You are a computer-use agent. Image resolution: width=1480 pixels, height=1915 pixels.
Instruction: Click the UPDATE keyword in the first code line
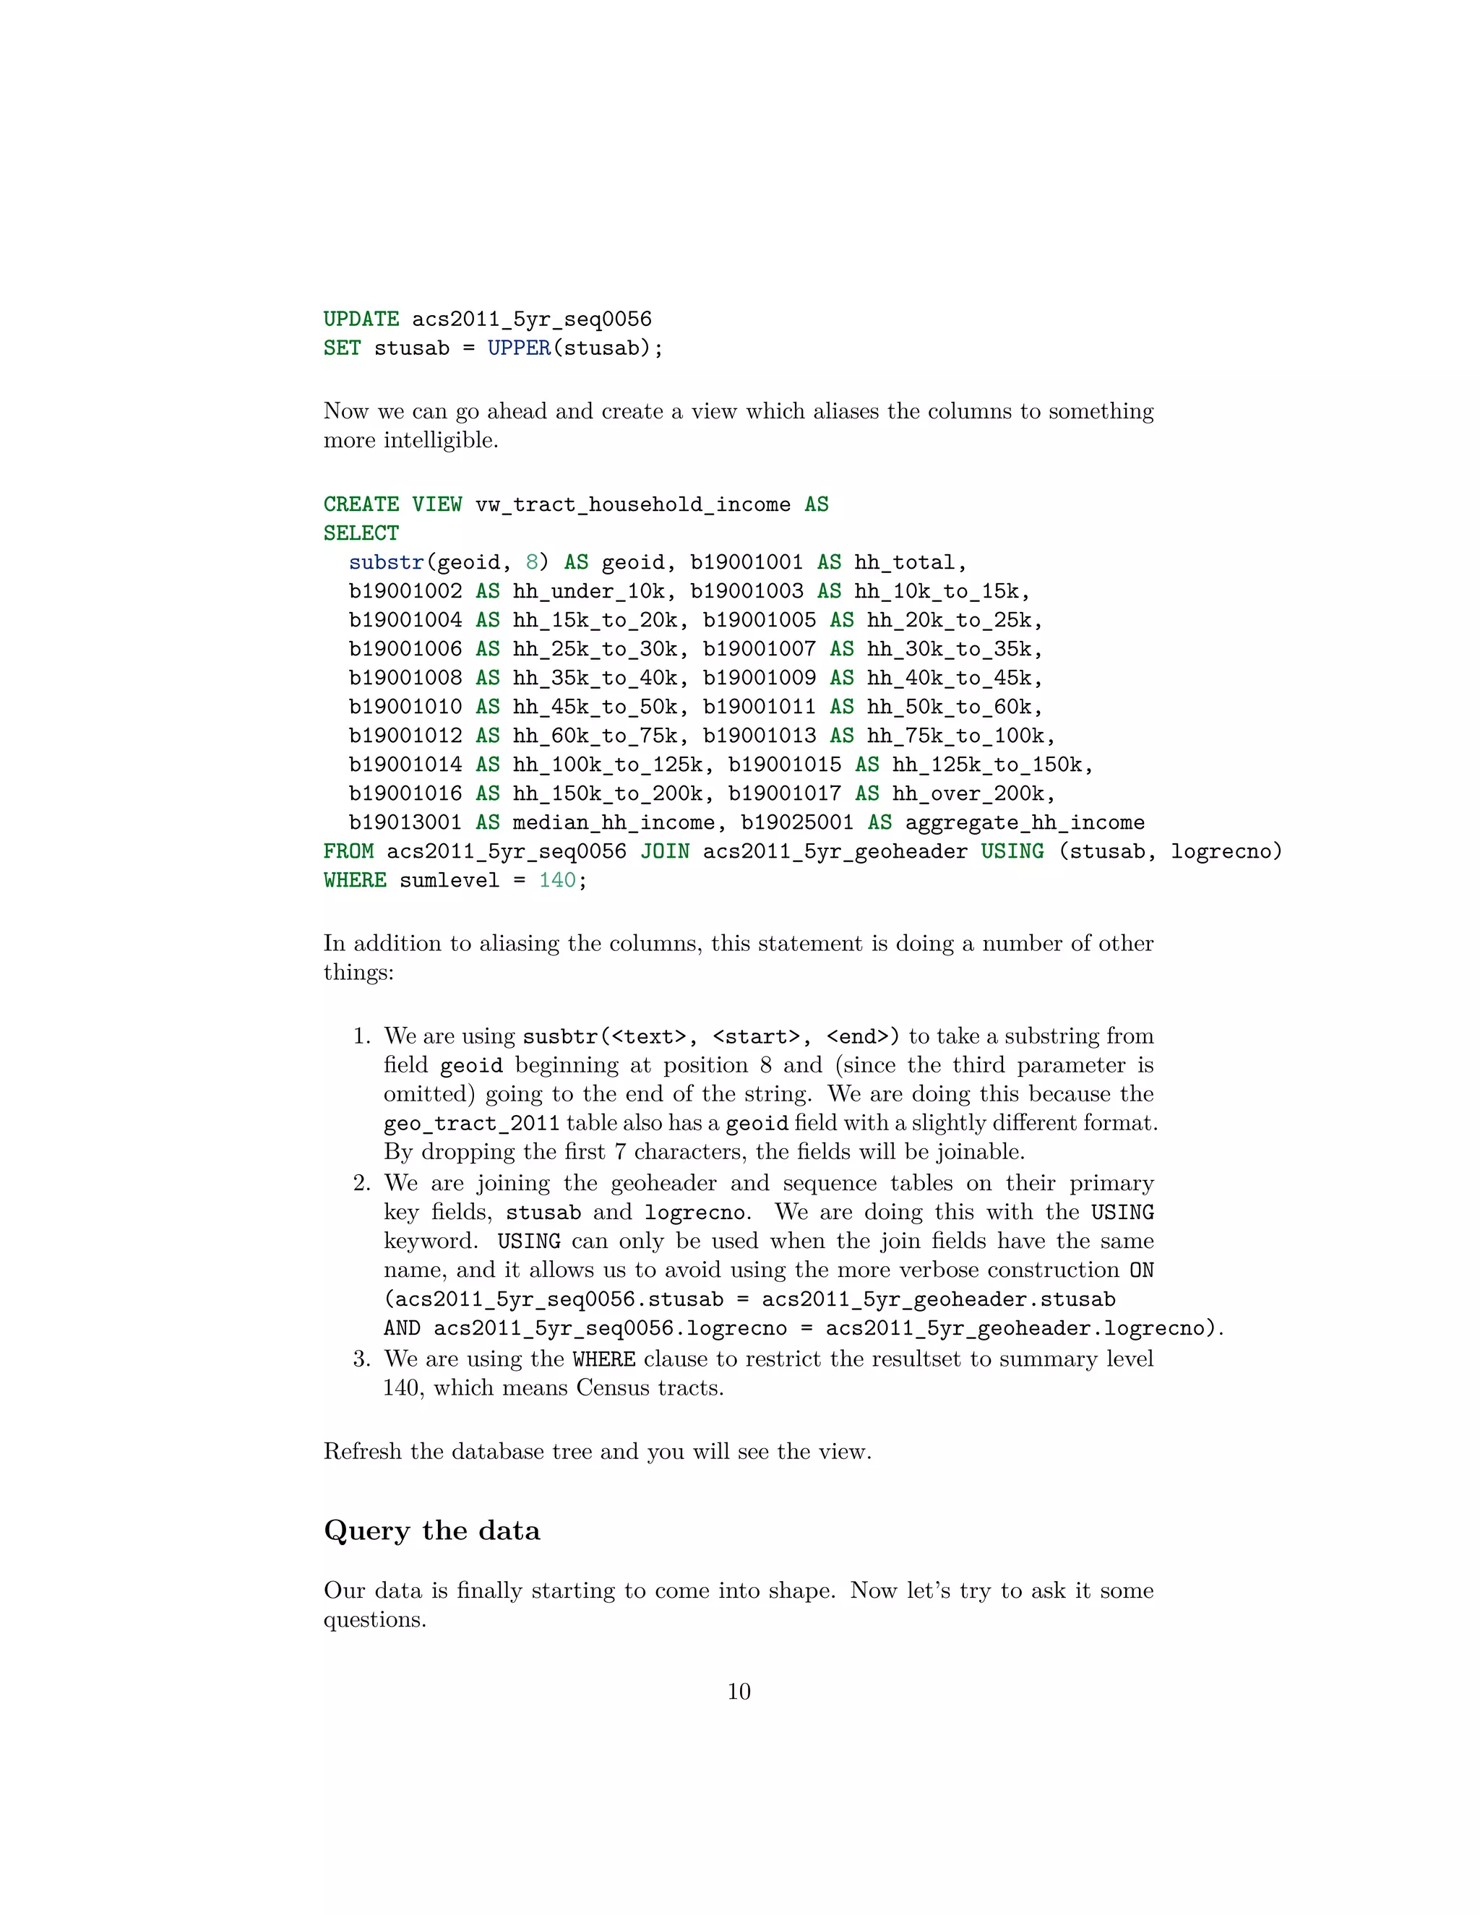pyautogui.click(x=361, y=319)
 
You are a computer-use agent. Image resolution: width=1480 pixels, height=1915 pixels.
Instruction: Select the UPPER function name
pyautogui.click(x=519, y=348)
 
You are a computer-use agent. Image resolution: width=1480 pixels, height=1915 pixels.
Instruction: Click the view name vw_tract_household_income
pyautogui.click(x=632, y=504)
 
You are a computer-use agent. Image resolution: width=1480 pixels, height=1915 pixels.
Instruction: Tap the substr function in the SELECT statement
pyautogui.click(x=386, y=562)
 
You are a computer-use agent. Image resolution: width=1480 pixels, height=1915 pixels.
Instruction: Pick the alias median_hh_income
pyautogui.click(x=614, y=822)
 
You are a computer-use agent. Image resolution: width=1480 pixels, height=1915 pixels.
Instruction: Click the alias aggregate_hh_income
pyautogui.click(x=1024, y=822)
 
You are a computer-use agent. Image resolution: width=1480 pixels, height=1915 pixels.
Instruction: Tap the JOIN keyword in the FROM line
pyautogui.click(x=665, y=851)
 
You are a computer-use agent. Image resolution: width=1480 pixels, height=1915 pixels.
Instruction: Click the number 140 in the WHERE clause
pyautogui.click(x=556, y=880)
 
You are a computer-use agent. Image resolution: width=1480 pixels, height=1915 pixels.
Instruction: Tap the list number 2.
pyautogui.click(x=361, y=1183)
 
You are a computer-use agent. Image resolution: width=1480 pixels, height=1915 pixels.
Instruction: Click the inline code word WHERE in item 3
pyautogui.click(x=604, y=1359)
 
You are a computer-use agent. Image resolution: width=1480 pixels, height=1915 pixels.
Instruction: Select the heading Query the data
pyautogui.click(x=431, y=1530)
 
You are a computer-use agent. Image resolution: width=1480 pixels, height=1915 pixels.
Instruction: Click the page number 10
pyautogui.click(x=739, y=1692)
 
